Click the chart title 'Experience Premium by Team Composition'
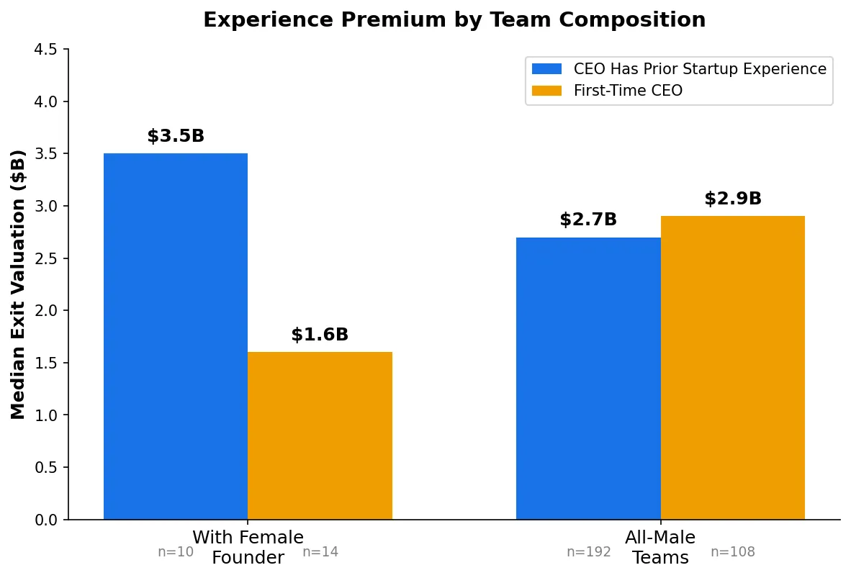(454, 20)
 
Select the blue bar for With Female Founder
(176, 336)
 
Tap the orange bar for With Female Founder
(320, 435)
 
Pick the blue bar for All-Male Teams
(588, 378)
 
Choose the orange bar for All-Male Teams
(732, 367)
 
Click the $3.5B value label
(176, 136)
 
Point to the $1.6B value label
(320, 335)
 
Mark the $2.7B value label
(588, 220)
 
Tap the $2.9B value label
(732, 199)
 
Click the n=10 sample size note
(176, 552)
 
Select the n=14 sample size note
(320, 552)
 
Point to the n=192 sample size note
(588, 552)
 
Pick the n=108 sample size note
(732, 552)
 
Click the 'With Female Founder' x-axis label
(248, 547)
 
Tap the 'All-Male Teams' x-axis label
(660, 547)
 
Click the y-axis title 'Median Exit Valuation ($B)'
(19, 284)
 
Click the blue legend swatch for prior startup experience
(546, 69)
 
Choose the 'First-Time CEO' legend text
(628, 91)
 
